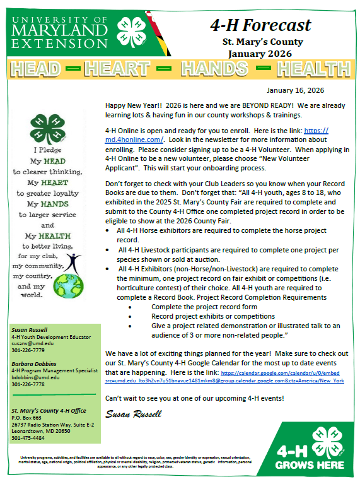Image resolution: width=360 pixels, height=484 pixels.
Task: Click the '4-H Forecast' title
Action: coord(260,25)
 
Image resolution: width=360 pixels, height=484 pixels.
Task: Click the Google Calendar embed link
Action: coord(224,377)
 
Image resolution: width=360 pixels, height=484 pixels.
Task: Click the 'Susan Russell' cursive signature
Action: coord(133,414)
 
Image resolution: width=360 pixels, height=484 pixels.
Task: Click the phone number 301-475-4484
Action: coord(29,437)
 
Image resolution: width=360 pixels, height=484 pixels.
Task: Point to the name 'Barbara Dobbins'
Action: coord(33,363)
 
